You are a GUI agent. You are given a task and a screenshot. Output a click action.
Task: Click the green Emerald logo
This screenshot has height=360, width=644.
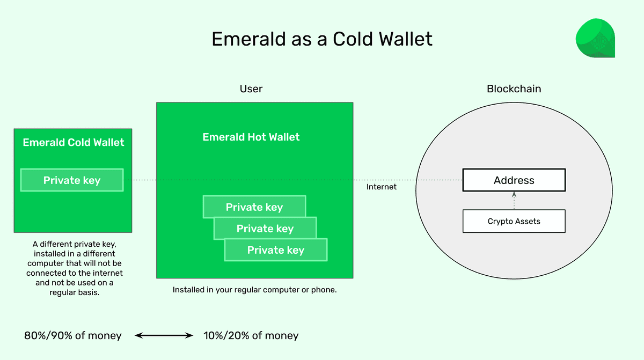(x=595, y=38)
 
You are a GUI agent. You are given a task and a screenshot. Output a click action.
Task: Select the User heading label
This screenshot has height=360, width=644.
(x=251, y=89)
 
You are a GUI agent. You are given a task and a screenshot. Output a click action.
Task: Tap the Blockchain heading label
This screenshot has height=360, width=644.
(x=514, y=89)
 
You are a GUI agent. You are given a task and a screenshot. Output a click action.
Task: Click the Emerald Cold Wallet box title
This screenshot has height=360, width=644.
(x=73, y=143)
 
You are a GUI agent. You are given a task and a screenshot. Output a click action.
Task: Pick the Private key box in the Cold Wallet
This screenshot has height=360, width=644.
(x=72, y=180)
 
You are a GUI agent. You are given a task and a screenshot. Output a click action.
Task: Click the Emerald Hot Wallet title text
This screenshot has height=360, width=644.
(x=251, y=137)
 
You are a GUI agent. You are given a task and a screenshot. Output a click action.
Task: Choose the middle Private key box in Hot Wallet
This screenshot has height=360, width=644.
(x=265, y=229)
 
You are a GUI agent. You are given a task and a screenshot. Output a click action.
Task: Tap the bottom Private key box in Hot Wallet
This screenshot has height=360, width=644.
(x=276, y=251)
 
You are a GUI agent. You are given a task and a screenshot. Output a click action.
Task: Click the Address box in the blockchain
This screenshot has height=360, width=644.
(x=514, y=180)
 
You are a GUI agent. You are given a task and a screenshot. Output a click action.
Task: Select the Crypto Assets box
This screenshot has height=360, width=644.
(x=514, y=221)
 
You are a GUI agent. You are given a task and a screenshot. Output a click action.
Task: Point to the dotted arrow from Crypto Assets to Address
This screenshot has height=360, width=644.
(x=514, y=201)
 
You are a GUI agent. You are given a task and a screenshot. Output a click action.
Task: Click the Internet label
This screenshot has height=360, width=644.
(x=382, y=187)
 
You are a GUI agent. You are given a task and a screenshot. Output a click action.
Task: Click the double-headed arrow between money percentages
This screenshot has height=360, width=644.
(x=163, y=336)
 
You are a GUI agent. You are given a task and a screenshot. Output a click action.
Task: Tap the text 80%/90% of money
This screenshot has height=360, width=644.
(x=73, y=336)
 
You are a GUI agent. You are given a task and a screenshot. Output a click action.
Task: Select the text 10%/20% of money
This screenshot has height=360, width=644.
(x=251, y=336)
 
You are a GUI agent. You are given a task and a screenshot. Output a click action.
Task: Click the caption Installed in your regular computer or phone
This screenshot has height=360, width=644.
(x=254, y=290)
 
